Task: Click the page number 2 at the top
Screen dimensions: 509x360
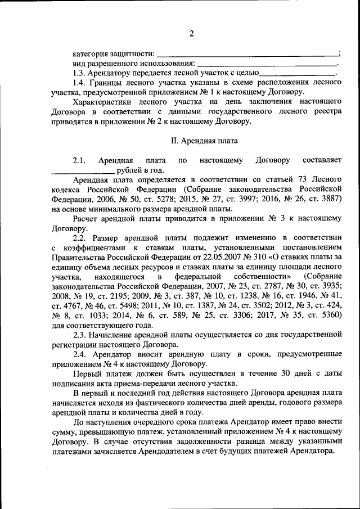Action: click(x=191, y=34)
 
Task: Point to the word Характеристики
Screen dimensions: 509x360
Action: click(x=101, y=102)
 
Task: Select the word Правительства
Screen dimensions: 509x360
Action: click(x=77, y=257)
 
